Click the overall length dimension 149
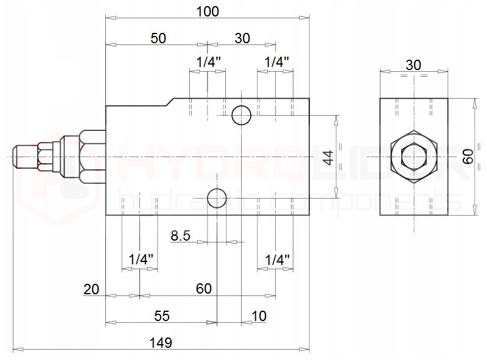click(x=163, y=342)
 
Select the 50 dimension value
click(x=158, y=38)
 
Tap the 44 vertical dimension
click(x=328, y=157)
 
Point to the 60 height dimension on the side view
click(x=468, y=157)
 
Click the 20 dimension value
click(x=91, y=289)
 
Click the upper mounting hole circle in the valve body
click(x=242, y=115)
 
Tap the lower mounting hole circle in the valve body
click(x=216, y=197)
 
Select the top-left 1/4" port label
click(x=209, y=62)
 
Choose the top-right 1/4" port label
click(x=276, y=62)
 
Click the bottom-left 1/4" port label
click(x=141, y=260)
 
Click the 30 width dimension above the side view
click(x=413, y=65)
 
